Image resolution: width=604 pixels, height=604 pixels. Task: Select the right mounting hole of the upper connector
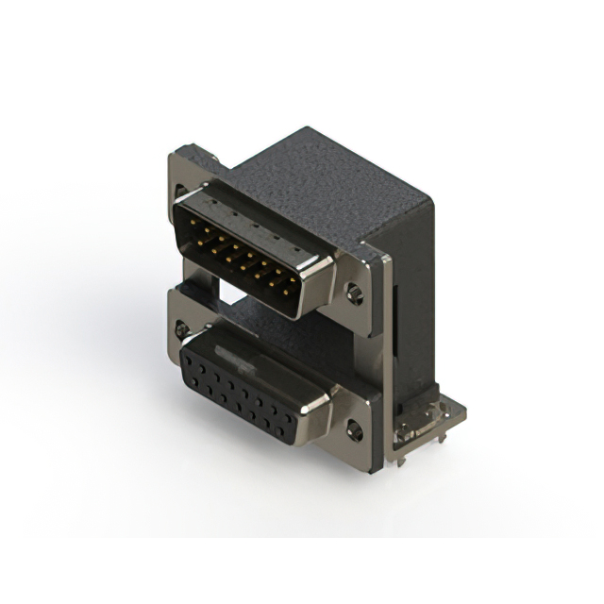coord(354,294)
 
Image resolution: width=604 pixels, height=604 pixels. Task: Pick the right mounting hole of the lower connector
coord(354,431)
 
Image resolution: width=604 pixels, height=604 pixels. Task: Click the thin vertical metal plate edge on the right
coord(384,359)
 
